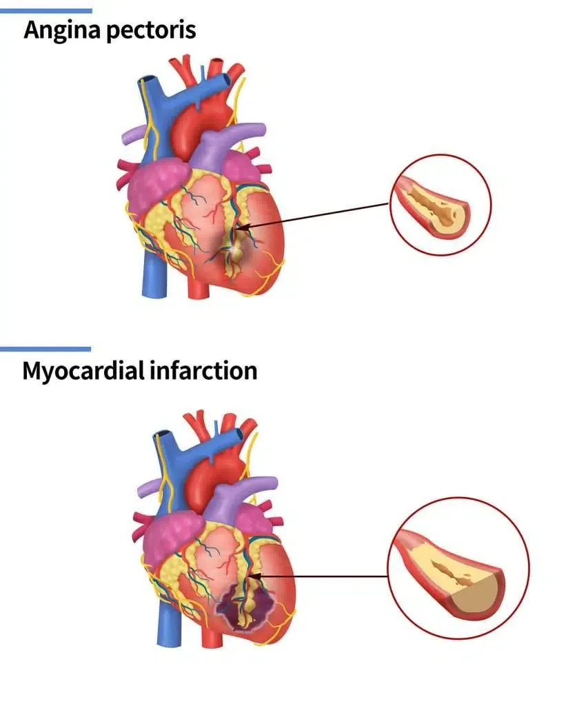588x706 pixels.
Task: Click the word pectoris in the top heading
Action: pyautogui.click(x=152, y=30)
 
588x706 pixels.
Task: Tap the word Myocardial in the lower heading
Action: pyautogui.click(x=83, y=372)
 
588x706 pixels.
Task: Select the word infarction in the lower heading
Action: pyautogui.click(x=203, y=370)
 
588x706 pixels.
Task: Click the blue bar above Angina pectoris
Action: pyautogui.click(x=46, y=11)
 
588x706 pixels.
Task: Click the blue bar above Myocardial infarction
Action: pyautogui.click(x=45, y=349)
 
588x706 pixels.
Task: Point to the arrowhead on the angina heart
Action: pyautogui.click(x=241, y=227)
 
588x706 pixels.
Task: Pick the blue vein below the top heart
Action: pyautogui.click(x=154, y=274)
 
